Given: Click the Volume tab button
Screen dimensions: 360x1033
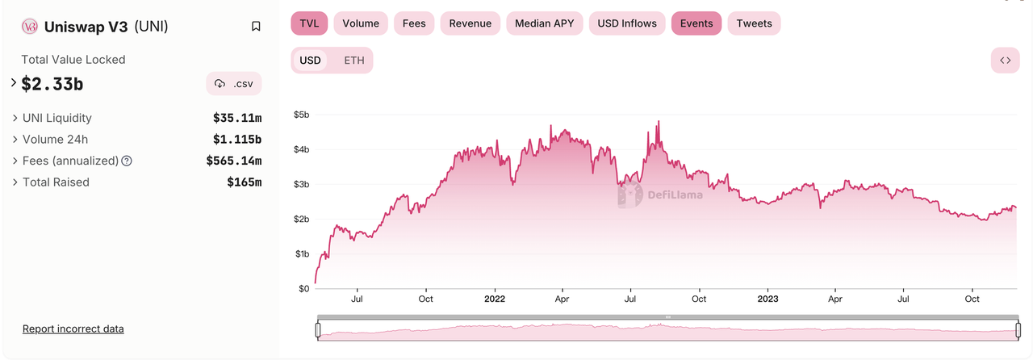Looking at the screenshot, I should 361,23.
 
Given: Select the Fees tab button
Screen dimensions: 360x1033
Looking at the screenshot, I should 414,23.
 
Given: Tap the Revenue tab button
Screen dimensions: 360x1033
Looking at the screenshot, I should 470,23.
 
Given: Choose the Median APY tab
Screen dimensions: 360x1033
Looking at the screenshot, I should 544,23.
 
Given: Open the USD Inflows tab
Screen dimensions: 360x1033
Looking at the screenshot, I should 626,23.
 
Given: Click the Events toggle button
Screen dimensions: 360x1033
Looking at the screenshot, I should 696,23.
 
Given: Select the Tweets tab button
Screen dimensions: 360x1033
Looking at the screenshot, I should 754,23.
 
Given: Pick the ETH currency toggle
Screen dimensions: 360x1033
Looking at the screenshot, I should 353,61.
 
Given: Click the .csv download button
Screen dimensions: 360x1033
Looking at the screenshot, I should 234,84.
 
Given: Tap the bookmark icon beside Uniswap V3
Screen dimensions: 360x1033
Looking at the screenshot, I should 256,27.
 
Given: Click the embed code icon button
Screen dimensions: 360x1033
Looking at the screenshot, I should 1005,61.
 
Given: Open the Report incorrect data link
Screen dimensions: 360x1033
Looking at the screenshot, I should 73,329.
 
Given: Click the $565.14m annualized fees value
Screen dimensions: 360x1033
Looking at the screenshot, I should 233,161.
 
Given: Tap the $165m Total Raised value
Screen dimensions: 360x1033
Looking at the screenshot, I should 244,182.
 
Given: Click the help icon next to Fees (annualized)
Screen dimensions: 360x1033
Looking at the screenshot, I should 127,161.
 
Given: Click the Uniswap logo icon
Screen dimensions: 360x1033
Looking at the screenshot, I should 31,27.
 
